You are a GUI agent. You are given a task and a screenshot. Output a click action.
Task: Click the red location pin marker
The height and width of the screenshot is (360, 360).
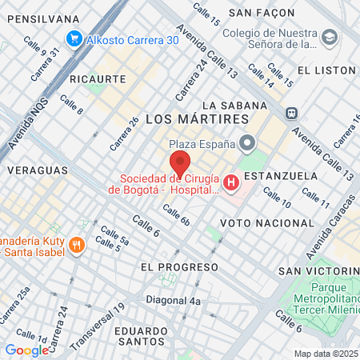179,163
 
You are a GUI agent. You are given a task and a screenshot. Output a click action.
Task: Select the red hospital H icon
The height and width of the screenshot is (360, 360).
232,184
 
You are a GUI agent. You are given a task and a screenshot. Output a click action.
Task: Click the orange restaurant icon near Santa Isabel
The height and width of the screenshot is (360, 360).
76,245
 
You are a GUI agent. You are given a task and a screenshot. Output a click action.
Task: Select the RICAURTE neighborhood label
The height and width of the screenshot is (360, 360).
98,79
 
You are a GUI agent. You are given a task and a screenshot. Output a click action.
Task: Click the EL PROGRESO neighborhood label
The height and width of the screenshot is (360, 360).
178,266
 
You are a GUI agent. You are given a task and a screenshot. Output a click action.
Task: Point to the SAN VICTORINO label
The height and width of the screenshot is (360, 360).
318,271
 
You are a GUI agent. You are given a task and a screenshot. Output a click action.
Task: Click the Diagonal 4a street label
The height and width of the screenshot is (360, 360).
173,301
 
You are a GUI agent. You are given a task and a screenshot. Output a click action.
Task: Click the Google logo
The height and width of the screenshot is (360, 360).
26,350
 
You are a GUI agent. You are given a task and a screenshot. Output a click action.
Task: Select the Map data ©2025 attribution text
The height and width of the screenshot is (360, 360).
326,354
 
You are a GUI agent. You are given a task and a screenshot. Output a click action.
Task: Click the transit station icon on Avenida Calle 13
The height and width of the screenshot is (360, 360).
292,113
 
